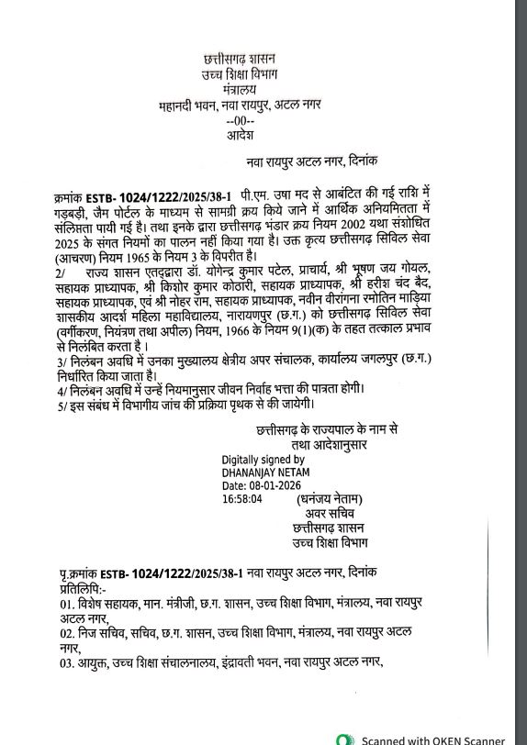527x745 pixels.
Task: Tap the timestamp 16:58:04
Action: point(242,499)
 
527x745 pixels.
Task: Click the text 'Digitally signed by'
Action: point(263,459)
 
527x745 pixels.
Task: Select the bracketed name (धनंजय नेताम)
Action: point(329,500)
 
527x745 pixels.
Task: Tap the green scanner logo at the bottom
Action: point(344,739)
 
